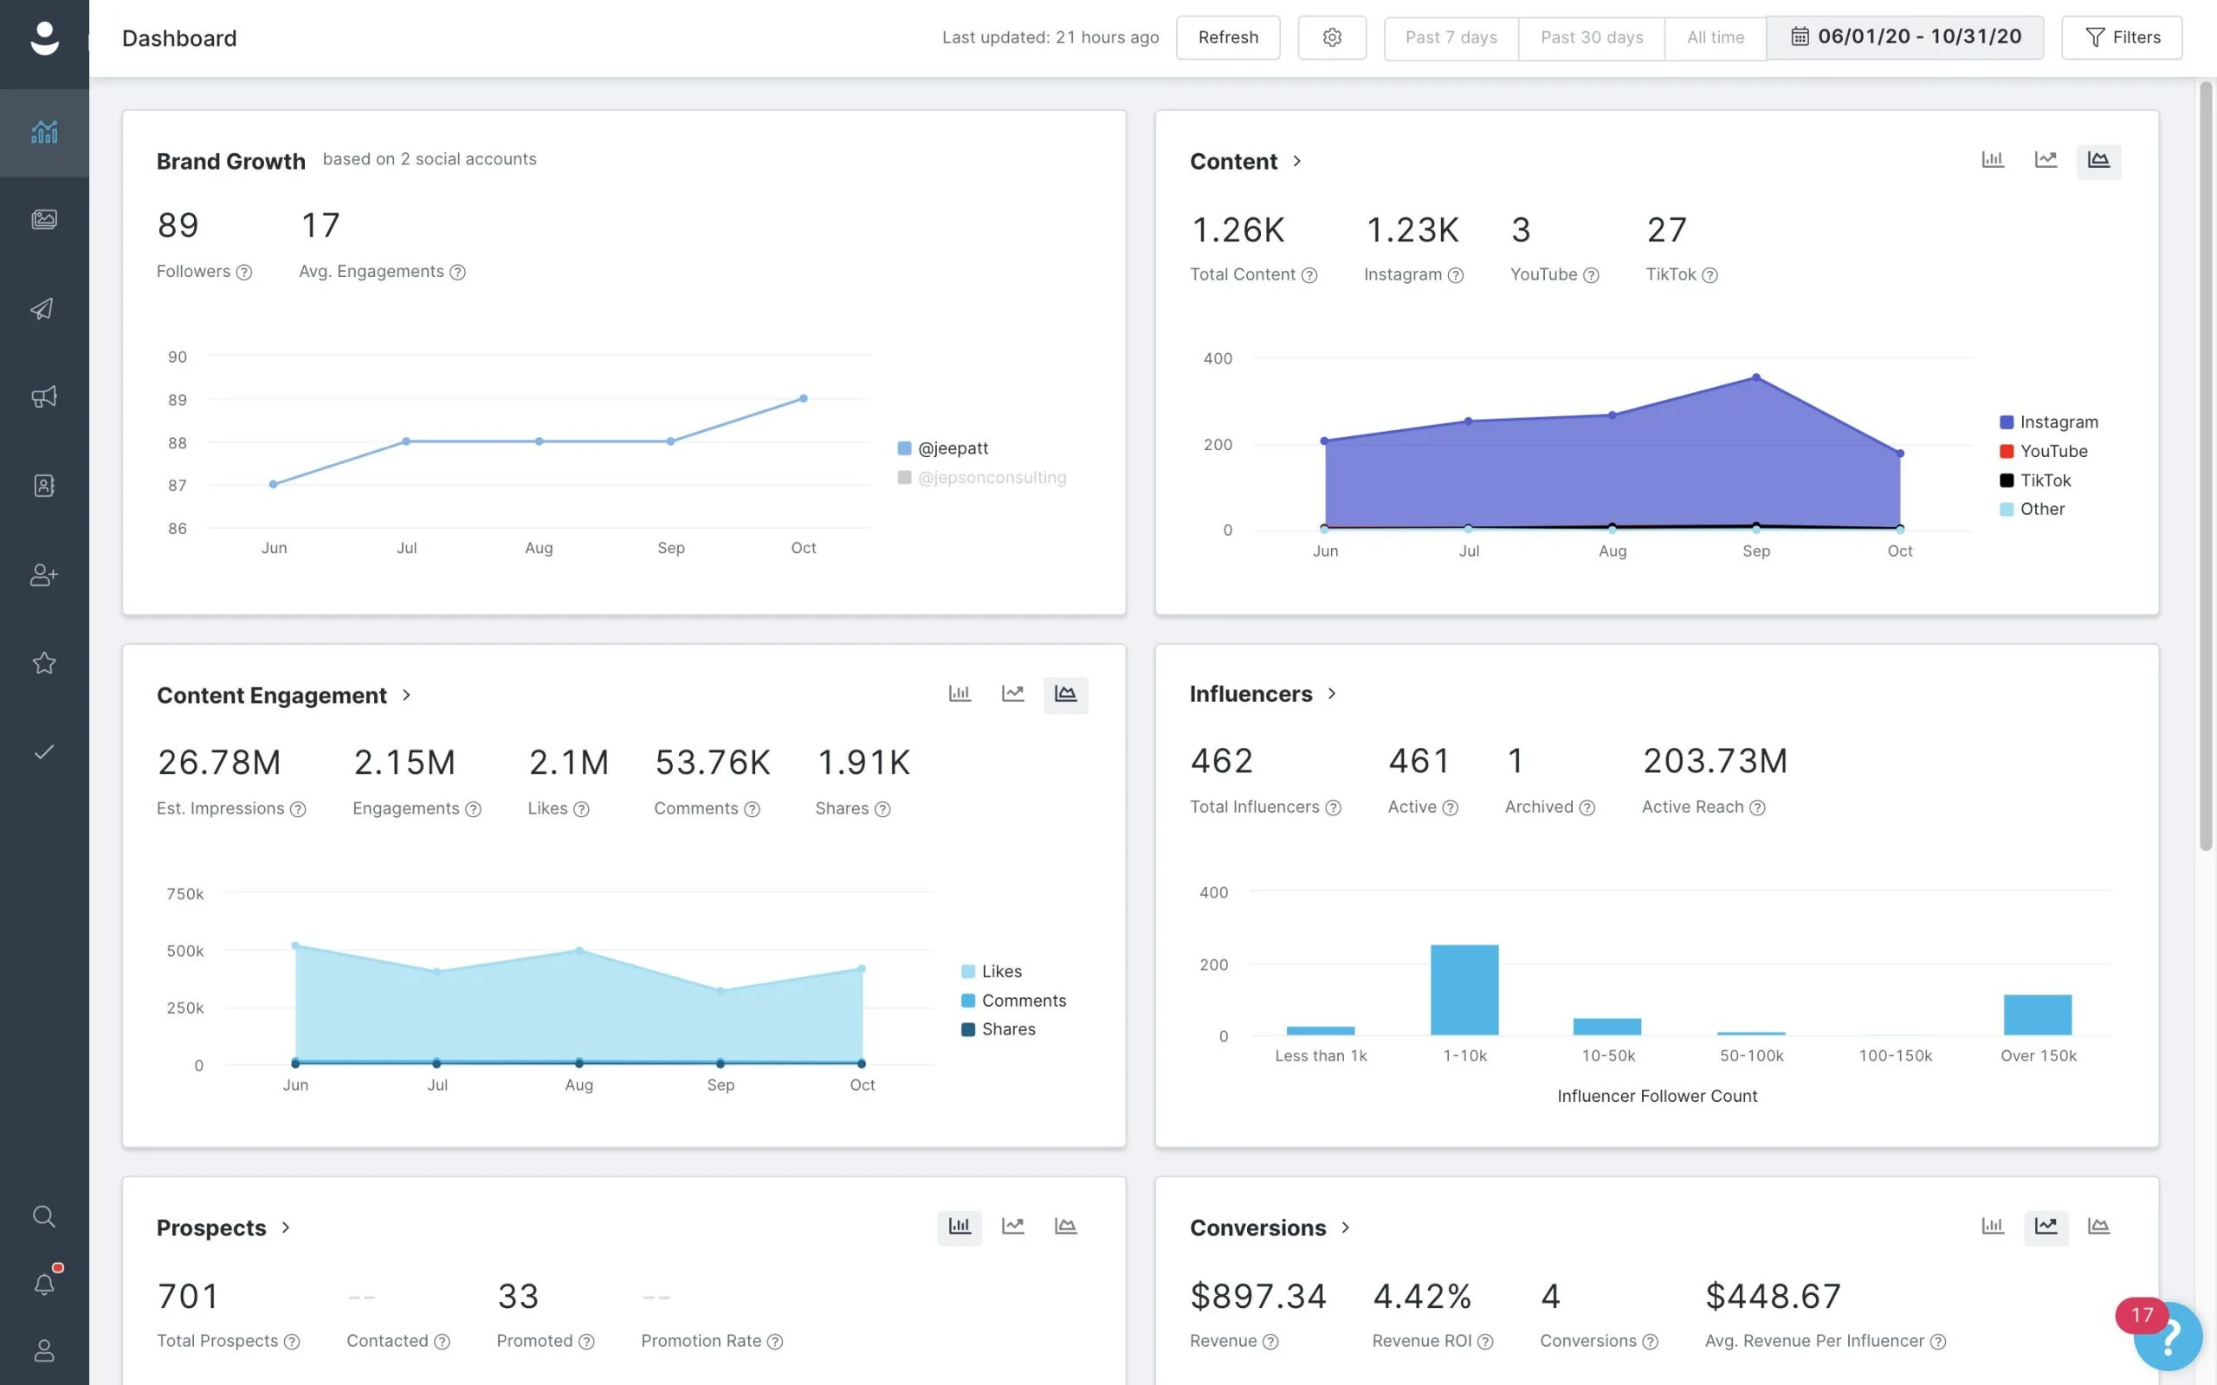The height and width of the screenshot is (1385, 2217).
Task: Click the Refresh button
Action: click(1228, 37)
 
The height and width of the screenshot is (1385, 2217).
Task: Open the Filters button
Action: click(2122, 37)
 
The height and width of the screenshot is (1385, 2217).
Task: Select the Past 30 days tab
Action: click(1591, 37)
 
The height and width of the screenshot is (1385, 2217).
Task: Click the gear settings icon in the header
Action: click(1332, 37)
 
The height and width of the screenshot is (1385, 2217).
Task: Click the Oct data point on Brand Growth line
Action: click(804, 398)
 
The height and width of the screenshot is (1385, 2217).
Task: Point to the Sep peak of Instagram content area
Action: click(1756, 377)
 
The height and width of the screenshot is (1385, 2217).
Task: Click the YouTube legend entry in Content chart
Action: click(2053, 451)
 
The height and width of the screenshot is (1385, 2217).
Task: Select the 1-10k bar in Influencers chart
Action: click(1464, 990)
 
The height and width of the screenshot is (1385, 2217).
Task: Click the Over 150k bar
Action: click(2038, 1015)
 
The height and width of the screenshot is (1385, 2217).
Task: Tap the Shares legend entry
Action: click(1008, 1029)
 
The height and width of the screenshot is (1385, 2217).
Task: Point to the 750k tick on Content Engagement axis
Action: click(185, 893)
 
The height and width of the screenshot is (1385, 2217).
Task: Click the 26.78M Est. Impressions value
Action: click(219, 762)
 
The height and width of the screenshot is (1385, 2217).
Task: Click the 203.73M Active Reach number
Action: click(1714, 760)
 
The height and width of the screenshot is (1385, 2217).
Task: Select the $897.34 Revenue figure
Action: click(1257, 1296)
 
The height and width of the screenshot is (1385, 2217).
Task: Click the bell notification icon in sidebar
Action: click(44, 1284)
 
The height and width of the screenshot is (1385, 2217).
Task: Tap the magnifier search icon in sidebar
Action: click(44, 1216)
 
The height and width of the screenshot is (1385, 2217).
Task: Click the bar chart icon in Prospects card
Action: click(960, 1227)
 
